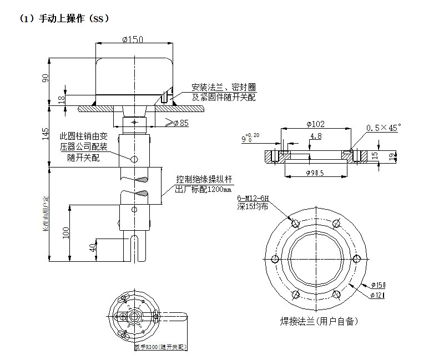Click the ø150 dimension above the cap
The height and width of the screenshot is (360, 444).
(133, 39)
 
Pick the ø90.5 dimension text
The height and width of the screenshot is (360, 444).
(315, 173)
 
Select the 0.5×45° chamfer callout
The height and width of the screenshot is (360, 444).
(384, 127)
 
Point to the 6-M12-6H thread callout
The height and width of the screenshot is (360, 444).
(253, 198)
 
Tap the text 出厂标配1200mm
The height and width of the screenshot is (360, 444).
(203, 189)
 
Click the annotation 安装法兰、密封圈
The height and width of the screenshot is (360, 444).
(224, 87)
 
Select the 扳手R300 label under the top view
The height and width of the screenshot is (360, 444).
(160, 347)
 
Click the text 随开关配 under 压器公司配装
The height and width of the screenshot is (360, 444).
(84, 158)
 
